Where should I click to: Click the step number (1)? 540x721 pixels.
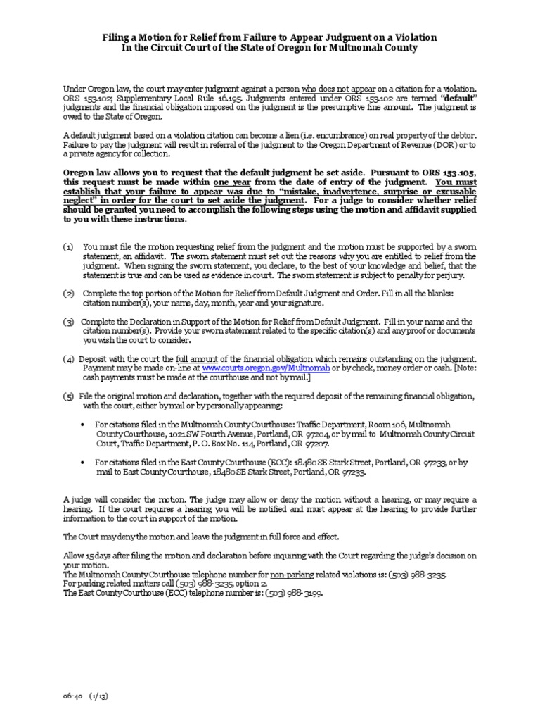point(67,247)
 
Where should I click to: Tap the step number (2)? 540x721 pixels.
point(67,293)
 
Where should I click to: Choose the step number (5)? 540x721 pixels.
point(67,396)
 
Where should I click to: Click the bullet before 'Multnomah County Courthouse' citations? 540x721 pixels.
point(84,425)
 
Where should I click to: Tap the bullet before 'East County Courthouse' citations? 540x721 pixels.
point(84,463)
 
